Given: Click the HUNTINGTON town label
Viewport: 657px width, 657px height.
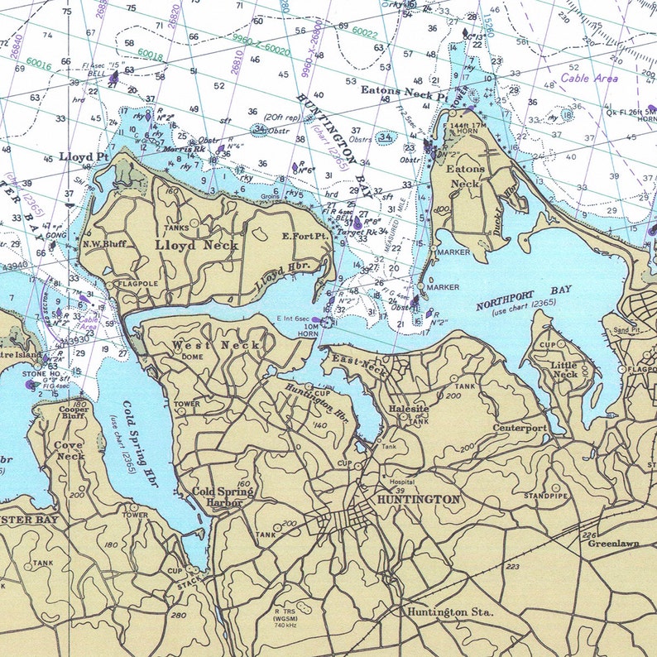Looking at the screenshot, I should (418, 500).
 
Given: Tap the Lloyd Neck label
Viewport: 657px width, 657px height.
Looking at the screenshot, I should (197, 245).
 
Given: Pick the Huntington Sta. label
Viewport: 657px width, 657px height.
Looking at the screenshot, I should (449, 612).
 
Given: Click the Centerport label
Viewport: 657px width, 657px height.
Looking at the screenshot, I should (520, 428).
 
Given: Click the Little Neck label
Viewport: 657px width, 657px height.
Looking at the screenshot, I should (565, 369).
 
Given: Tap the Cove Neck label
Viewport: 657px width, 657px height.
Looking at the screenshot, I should (70, 450).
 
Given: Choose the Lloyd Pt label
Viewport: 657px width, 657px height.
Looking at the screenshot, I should (84, 156).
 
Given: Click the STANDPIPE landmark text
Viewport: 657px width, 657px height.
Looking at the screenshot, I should (545, 496).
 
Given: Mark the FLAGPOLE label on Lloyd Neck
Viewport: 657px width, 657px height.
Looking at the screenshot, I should (138, 285).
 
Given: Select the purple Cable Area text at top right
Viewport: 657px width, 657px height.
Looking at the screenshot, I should (588, 79).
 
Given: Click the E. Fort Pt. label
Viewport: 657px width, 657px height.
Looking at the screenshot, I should (305, 236).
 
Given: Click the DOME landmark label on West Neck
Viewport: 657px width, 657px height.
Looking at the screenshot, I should (192, 357).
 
